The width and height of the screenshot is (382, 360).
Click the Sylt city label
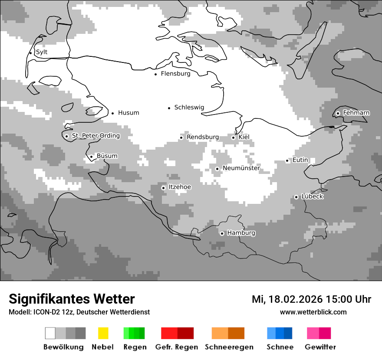pyautogui.click(x=42, y=52)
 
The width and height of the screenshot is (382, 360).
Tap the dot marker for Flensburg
pyautogui.click(x=155, y=74)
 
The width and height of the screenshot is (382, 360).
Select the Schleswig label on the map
pyautogui.click(x=189, y=108)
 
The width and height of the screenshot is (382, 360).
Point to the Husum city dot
pyautogui.click(x=112, y=113)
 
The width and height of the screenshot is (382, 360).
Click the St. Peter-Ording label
pyautogui.click(x=95, y=136)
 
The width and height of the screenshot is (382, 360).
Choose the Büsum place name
pyautogui.click(x=107, y=156)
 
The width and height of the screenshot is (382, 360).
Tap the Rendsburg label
pyautogui.click(x=203, y=137)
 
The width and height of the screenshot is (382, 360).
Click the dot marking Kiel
pyautogui.click(x=233, y=137)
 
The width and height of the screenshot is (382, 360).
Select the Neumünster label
pyautogui.click(x=241, y=168)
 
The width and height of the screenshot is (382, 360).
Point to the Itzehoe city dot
pyautogui.click(x=163, y=188)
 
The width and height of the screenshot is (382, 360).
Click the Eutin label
pyautogui.click(x=300, y=160)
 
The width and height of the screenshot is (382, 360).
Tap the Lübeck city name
pyautogui.click(x=312, y=196)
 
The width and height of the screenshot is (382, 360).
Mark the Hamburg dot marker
pyautogui.click(x=222, y=233)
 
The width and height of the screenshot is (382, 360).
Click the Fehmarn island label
pyautogui.click(x=356, y=113)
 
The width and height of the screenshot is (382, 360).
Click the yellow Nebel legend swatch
pyautogui.click(x=103, y=333)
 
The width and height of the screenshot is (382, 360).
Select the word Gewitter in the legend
pyautogui.click(x=320, y=347)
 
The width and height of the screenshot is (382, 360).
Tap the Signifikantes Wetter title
pyautogui.click(x=72, y=299)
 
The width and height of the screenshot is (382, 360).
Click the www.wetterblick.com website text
pyautogui.click(x=313, y=312)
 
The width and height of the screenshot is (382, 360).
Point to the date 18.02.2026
pyautogui.click(x=296, y=299)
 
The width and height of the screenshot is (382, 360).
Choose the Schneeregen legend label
pyautogui.click(x=229, y=347)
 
